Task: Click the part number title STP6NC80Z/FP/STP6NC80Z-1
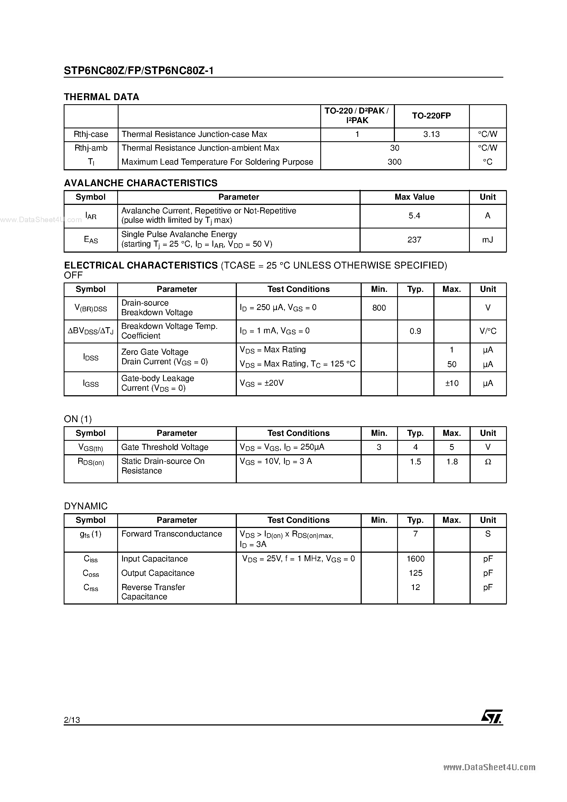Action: point(139,71)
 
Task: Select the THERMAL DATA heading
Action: point(101,97)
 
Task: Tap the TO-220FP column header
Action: point(431,116)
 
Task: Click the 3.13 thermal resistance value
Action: point(431,134)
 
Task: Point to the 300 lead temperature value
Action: point(394,162)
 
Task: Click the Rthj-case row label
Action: point(91,134)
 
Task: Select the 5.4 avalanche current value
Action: point(414,216)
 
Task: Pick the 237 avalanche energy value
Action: point(414,240)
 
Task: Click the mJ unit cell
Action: point(487,240)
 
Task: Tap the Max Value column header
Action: point(414,197)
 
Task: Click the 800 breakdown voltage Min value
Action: point(379,308)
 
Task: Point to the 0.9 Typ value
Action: point(415,331)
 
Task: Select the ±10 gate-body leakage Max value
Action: point(452,383)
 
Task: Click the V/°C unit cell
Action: point(488,331)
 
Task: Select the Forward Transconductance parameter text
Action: point(171,534)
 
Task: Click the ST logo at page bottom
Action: point(492,716)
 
